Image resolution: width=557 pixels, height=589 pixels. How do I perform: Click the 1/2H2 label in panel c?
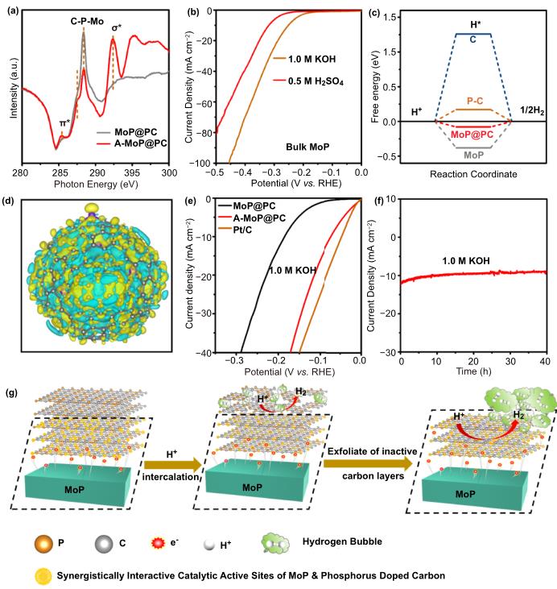click(x=532, y=111)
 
